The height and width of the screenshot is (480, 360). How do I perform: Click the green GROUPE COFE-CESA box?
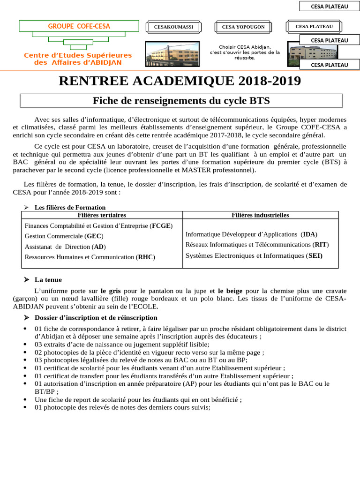[x=79, y=26]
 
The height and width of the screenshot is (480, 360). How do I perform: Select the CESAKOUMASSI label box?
[x=173, y=27]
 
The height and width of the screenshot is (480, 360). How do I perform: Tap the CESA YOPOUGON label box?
[x=243, y=27]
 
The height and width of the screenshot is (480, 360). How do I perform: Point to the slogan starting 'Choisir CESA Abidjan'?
[x=245, y=52]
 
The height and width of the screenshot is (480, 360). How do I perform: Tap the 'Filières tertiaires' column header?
[x=102, y=215]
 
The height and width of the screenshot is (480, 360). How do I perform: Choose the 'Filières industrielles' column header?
[x=260, y=215]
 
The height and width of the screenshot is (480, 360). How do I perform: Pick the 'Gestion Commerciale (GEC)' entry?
[x=64, y=236]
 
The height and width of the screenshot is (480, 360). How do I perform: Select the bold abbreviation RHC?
[x=145, y=257]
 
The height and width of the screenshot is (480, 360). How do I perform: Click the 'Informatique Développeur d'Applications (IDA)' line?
[x=251, y=234]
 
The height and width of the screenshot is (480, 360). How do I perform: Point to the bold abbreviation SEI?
[x=315, y=256]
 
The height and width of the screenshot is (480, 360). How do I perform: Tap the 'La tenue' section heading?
[x=48, y=280]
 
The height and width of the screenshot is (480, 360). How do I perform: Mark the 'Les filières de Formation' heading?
[x=70, y=207]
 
